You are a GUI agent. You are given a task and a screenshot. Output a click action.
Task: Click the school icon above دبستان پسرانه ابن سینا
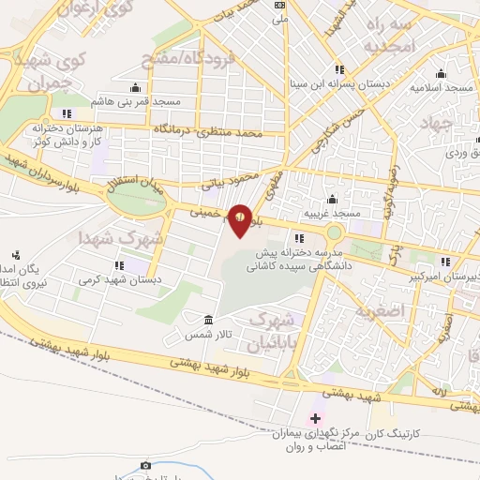[339, 69]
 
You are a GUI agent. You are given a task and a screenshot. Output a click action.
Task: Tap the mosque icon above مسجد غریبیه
[331, 200]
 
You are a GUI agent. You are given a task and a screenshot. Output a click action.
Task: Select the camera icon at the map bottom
[145, 465]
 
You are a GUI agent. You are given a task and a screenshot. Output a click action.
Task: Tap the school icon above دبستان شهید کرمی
[117, 265]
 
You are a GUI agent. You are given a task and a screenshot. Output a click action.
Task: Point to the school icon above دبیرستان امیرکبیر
[446, 260]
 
